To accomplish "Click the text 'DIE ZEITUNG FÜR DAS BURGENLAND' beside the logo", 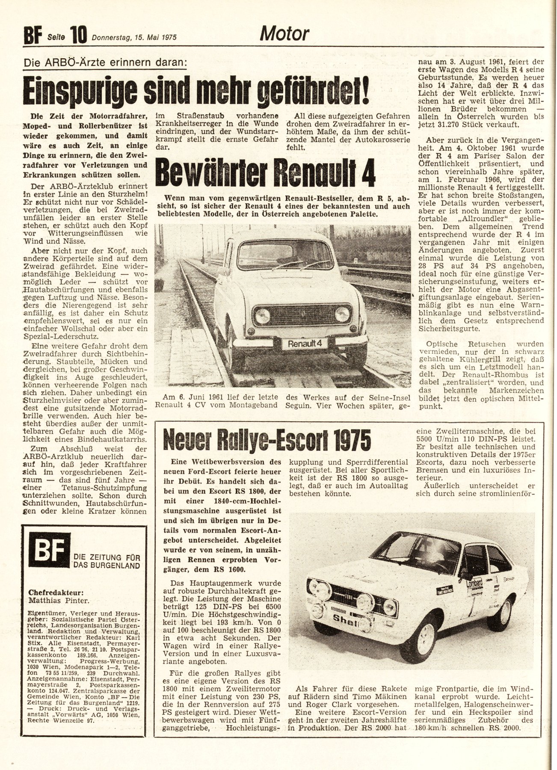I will click(107, 561).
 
